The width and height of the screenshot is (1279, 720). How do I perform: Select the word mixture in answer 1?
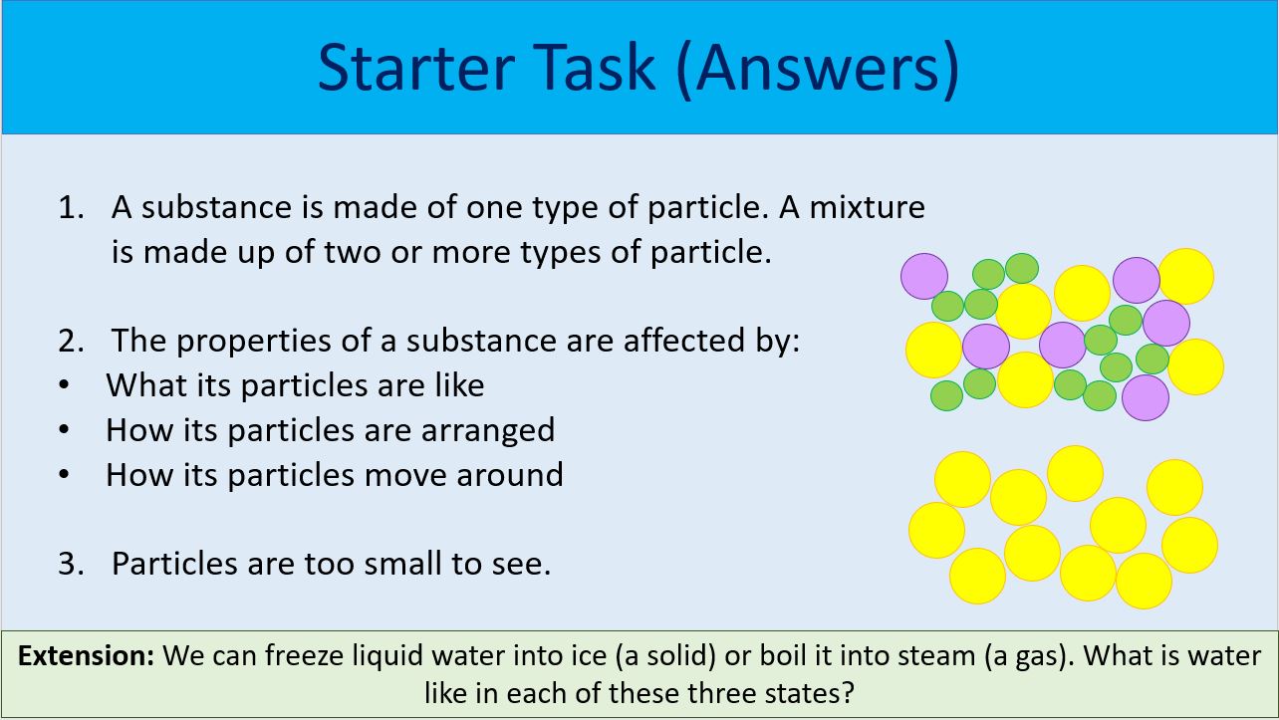pyautogui.click(x=867, y=207)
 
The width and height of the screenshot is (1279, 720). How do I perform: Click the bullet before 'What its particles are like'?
pyautogui.click(x=65, y=385)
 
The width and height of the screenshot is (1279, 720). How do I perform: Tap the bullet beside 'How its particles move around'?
pyautogui.click(x=65, y=475)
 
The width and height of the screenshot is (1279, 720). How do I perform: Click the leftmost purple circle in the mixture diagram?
pyautogui.click(x=924, y=276)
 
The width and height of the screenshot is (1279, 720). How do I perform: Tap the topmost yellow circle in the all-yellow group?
pyautogui.click(x=1075, y=473)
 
